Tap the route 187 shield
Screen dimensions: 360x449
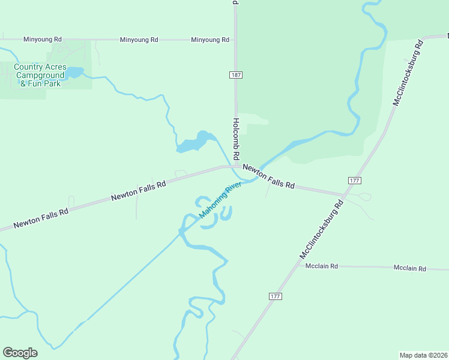pyautogui.click(x=235, y=74)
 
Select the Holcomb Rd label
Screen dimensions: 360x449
pyautogui.click(x=236, y=137)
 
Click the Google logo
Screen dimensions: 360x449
pyautogui.click(x=20, y=353)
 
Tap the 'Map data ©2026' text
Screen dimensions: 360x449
pyautogui.click(x=423, y=355)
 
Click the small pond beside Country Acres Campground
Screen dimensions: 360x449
pyautogui.click(x=74, y=73)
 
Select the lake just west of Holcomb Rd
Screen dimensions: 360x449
pyautogui.click(x=196, y=142)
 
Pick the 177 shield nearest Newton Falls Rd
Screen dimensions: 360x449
pyautogui.click(x=354, y=181)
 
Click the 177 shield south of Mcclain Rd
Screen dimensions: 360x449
pyautogui.click(x=275, y=296)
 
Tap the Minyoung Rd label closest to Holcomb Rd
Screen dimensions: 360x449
pyautogui.click(x=210, y=40)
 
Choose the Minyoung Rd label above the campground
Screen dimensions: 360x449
pyautogui.click(x=43, y=39)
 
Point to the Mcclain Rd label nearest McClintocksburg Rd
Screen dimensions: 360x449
pyautogui.click(x=322, y=266)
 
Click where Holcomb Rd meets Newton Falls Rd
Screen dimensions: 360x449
pyautogui.click(x=236, y=167)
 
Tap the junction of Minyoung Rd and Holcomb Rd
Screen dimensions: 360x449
pyautogui.click(x=235, y=40)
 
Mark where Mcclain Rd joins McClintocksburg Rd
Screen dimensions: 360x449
pyautogui.click(x=298, y=265)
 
